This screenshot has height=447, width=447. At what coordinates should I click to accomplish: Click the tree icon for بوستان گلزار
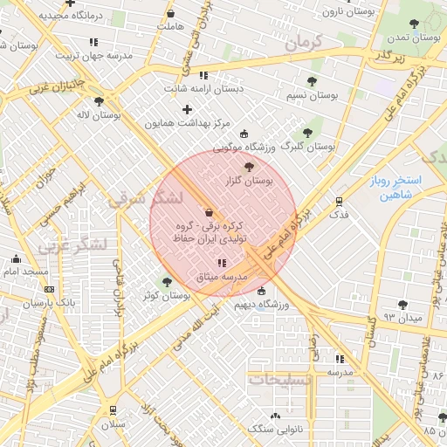tap(250, 166)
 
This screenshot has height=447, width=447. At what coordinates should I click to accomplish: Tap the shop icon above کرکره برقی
tap(208, 212)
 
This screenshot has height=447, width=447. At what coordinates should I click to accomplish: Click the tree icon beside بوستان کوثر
tap(167, 282)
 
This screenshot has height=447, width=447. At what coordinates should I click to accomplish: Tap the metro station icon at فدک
tap(339, 200)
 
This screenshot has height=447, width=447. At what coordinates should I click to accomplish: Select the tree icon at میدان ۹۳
tap(402, 304)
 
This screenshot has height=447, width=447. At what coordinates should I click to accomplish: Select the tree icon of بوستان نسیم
tap(312, 81)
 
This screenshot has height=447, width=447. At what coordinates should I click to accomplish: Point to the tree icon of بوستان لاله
tap(99, 101)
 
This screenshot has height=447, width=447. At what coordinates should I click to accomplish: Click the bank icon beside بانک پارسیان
tap(49, 290)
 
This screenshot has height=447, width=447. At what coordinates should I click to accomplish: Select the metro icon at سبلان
tap(113, 410)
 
